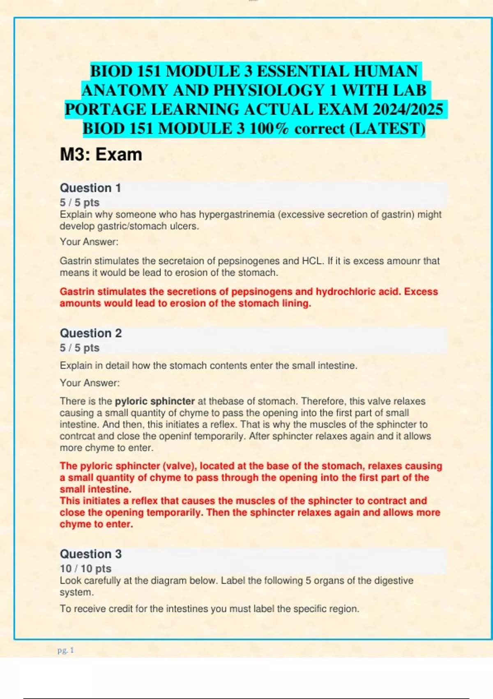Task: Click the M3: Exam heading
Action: pyautogui.click(x=101, y=155)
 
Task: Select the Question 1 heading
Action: pyautogui.click(x=90, y=188)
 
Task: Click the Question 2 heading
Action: pyautogui.click(x=91, y=333)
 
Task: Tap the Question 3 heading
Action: pyautogui.click(x=91, y=554)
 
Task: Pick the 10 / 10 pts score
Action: pyautogui.click(x=85, y=568)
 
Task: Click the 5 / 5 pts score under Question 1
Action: pyautogui.click(x=80, y=202)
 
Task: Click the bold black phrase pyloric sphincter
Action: pyautogui.click(x=155, y=401)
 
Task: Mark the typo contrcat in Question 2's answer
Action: pyautogui.click(x=75, y=436)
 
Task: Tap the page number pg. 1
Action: pyautogui.click(x=66, y=650)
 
